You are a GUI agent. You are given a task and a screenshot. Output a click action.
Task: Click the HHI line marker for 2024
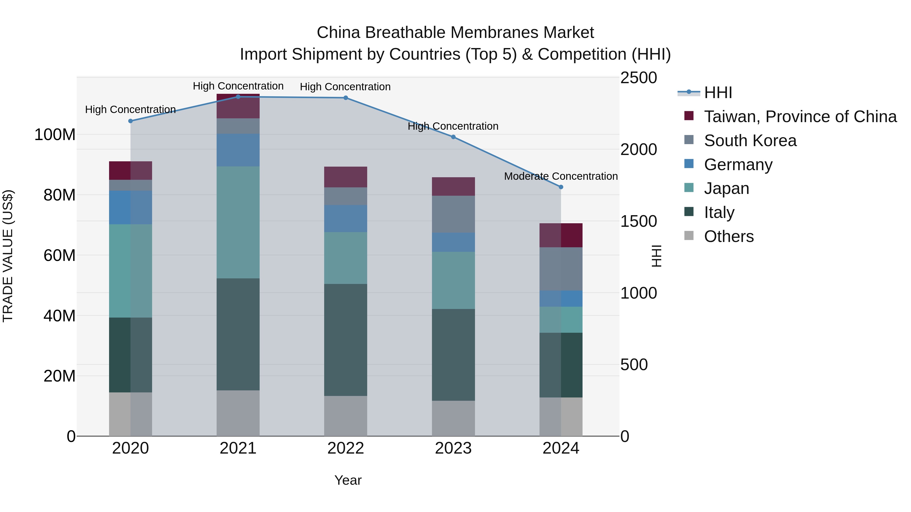[561, 187]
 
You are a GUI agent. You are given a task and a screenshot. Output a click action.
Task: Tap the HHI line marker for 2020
[131, 121]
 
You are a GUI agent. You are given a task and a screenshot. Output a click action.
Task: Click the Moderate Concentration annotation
[561, 176]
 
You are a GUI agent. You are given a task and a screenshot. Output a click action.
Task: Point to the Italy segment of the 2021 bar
[238, 334]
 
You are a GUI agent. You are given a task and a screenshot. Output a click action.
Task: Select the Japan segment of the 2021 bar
[238, 222]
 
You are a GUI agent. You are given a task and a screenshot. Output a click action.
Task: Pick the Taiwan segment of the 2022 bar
[345, 177]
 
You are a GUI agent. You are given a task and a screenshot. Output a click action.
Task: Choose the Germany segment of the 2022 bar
[345, 218]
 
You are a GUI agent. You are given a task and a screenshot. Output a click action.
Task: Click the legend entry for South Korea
[750, 141]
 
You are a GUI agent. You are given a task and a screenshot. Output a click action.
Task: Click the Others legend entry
[729, 236]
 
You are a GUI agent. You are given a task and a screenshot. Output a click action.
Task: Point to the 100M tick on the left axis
[55, 135]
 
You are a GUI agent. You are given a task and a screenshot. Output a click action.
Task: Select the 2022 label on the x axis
[345, 448]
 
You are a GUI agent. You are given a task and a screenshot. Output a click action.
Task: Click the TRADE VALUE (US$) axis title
[8, 256]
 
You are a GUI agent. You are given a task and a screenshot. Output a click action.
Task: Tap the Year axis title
[348, 480]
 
